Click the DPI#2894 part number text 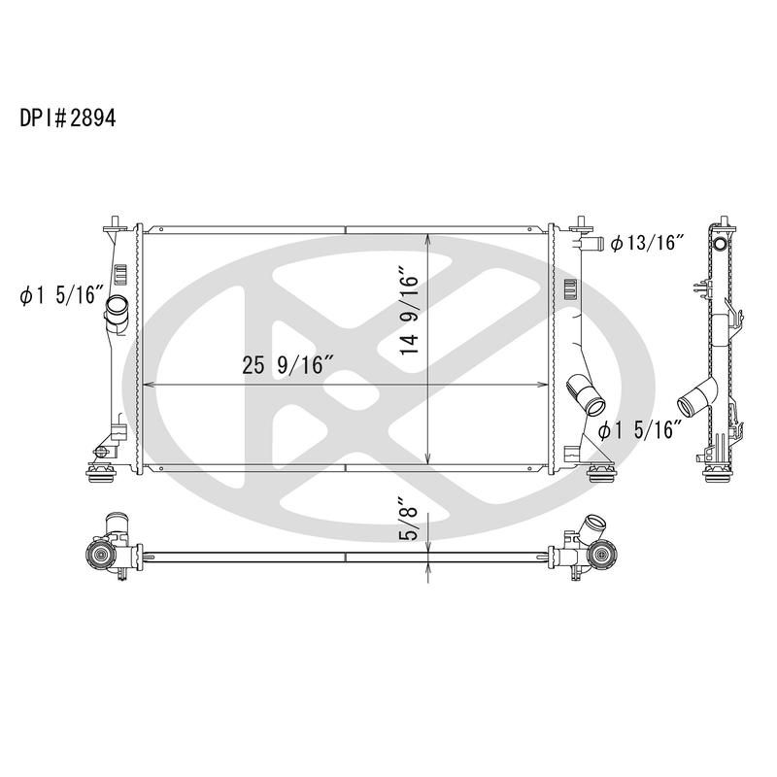tap(68, 118)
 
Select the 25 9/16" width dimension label tap(289, 366)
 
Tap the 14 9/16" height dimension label tap(410, 314)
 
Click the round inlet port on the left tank tap(118, 312)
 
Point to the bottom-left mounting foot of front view tap(101, 474)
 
